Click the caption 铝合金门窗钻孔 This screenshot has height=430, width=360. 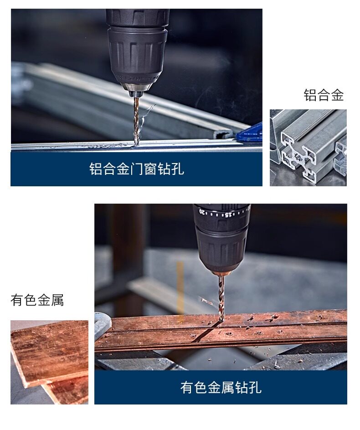pyautogui.click(x=136, y=169)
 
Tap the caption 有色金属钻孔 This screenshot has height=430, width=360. pyautogui.click(x=221, y=388)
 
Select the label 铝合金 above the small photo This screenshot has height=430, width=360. pyautogui.click(x=324, y=95)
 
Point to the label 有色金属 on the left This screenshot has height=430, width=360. pyautogui.click(x=37, y=300)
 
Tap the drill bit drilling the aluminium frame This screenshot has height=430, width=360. pyautogui.click(x=136, y=121)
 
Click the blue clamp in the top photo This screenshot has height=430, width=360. pyautogui.click(x=250, y=133)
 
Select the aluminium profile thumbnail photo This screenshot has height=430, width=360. pyautogui.click(x=308, y=148)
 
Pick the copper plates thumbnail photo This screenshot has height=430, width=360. pyautogui.click(x=49, y=362)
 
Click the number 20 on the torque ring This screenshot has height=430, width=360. pyautogui.click(x=202, y=212)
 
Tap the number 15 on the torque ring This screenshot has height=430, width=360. pyautogui.click(x=228, y=215)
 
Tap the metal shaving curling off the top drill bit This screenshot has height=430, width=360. pyautogui.click(x=145, y=117)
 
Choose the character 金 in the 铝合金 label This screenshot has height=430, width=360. pyautogui.click(x=337, y=95)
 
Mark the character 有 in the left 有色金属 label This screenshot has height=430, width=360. pyautogui.click(x=17, y=300)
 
